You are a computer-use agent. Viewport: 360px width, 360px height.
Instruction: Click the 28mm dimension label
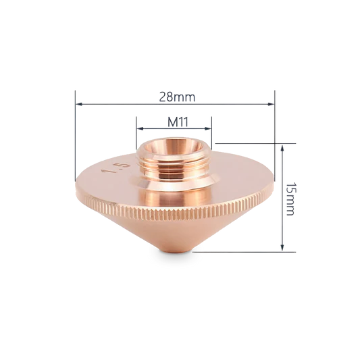177,97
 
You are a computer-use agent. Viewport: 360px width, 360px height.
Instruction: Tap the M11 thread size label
177,122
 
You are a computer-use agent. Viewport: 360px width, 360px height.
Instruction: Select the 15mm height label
290,198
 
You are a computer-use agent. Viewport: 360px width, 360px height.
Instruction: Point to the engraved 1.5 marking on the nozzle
109,169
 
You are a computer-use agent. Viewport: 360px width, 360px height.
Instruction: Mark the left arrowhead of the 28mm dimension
79,104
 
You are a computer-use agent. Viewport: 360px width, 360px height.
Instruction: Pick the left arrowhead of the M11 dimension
140,128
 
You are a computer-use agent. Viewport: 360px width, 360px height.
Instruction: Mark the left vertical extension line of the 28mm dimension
76,135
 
